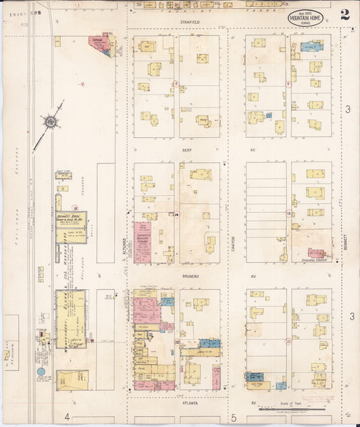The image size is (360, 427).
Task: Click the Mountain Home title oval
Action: pyautogui.click(x=306, y=18)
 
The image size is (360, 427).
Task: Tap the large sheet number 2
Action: pyautogui.click(x=344, y=15)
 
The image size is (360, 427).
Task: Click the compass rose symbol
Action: pyautogui.click(x=50, y=122)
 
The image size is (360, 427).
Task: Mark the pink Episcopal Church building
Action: pyautogui.click(x=317, y=253)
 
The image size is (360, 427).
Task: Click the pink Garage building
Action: pyautogui.click(x=102, y=45)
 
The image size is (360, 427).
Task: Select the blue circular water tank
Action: pyautogui.click(x=41, y=372)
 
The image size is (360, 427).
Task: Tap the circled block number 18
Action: pyautogui.click(x=76, y=209)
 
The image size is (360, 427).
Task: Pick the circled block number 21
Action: pyautogui.click(x=288, y=343)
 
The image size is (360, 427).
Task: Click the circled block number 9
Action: pyautogui.click(x=288, y=84)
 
